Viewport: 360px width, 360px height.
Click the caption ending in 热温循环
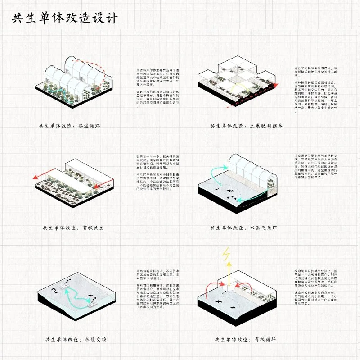point(69,126)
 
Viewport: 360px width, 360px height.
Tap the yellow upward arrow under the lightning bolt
point(229,273)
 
